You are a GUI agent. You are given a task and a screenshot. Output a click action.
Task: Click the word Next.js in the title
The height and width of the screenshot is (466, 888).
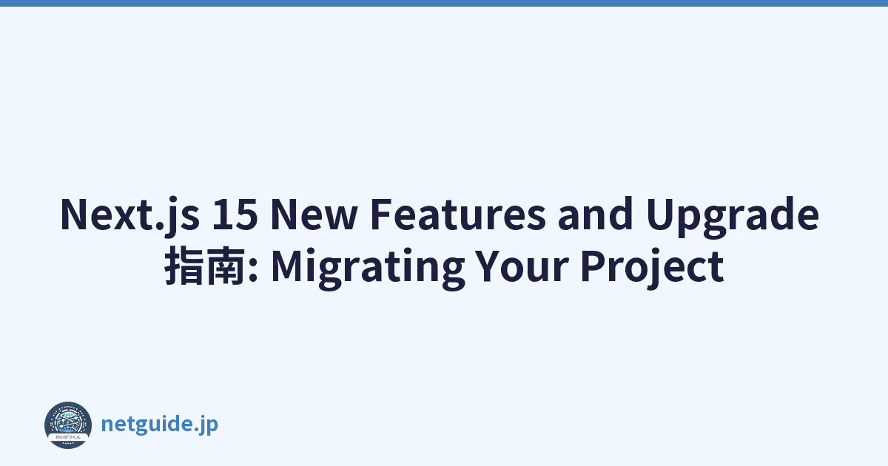(x=129, y=215)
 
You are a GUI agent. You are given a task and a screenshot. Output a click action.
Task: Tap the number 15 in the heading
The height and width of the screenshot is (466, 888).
(x=235, y=214)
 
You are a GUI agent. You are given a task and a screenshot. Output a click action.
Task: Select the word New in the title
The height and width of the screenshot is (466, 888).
(x=314, y=214)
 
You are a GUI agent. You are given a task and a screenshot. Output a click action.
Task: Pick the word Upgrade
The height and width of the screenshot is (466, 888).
(x=732, y=216)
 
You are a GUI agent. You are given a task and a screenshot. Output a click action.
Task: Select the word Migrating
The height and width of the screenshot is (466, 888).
(x=368, y=269)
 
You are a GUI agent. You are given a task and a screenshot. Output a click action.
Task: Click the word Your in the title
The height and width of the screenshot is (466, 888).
(x=522, y=266)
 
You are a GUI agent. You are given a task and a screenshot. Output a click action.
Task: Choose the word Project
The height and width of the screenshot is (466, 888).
(x=653, y=269)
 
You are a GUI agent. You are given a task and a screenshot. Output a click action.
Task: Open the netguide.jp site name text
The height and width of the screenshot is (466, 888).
(x=159, y=425)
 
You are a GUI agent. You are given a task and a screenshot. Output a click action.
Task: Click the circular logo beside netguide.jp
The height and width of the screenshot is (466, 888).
(x=68, y=425)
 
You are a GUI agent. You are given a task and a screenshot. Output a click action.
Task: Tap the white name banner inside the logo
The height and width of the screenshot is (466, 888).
(x=68, y=436)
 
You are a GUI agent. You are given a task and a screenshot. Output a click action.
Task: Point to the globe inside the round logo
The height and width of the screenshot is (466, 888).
(x=68, y=422)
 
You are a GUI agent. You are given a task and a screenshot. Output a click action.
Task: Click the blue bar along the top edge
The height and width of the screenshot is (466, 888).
(x=444, y=3)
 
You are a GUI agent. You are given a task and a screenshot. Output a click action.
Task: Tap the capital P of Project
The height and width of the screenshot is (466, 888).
(x=593, y=266)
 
